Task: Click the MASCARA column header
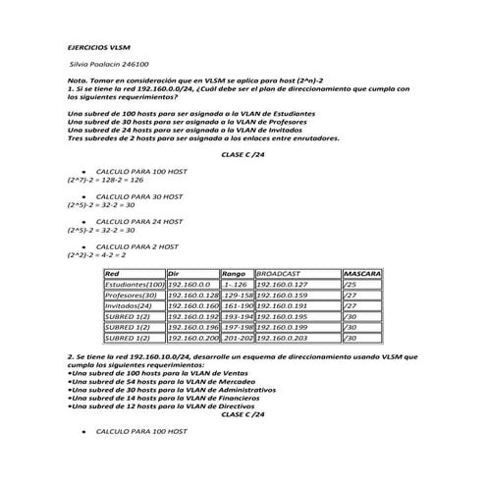(x=362, y=273)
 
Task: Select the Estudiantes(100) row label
(x=135, y=285)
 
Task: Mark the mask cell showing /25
(x=351, y=285)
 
